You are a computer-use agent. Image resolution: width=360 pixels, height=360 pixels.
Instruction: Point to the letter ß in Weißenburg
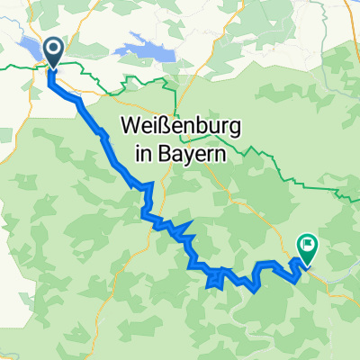point(157,129)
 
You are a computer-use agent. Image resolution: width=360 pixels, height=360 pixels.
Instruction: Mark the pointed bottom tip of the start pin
point(52,68)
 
